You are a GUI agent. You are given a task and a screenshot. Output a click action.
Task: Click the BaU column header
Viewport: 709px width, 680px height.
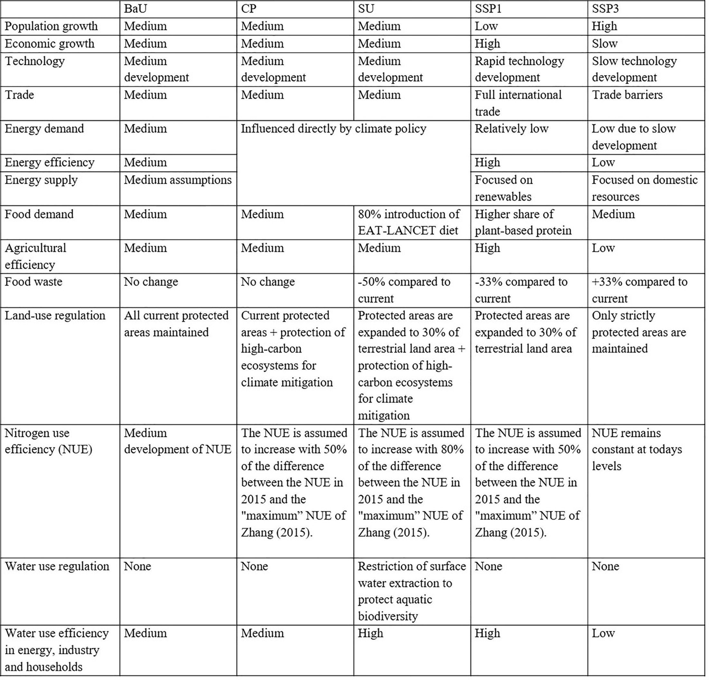pos(135,9)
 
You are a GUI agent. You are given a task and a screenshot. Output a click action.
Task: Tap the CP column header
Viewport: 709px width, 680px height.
pos(249,9)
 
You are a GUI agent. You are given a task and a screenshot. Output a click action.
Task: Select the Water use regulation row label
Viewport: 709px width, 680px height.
pos(57,566)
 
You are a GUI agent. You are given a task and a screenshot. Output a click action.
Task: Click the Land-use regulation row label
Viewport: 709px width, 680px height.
pos(55,315)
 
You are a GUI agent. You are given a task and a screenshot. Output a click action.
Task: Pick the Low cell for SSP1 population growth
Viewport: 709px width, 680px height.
pos(486,26)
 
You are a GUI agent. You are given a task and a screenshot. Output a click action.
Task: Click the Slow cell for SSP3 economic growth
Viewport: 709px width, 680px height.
pos(604,44)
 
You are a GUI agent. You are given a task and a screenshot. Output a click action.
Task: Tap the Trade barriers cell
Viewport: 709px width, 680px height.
pos(627,95)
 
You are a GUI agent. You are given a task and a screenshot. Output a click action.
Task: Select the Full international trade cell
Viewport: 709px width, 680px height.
pos(518,103)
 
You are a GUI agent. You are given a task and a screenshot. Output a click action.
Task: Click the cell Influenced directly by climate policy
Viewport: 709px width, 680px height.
pos(333,129)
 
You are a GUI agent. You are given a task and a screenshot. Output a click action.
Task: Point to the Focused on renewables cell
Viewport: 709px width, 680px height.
pos(504,188)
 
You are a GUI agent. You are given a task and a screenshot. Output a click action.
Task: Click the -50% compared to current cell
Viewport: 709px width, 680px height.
pos(404,290)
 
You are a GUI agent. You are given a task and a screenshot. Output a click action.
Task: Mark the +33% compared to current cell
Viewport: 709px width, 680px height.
pos(639,290)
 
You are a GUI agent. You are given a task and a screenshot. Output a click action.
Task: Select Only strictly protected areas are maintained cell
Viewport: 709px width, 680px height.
pos(639,332)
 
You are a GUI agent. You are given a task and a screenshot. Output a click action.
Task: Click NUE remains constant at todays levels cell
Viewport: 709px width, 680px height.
pos(637,449)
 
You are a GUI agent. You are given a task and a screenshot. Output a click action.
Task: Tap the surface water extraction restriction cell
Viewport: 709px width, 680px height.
pos(412,591)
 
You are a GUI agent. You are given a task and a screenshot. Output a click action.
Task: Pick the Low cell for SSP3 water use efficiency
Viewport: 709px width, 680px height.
pos(603,633)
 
